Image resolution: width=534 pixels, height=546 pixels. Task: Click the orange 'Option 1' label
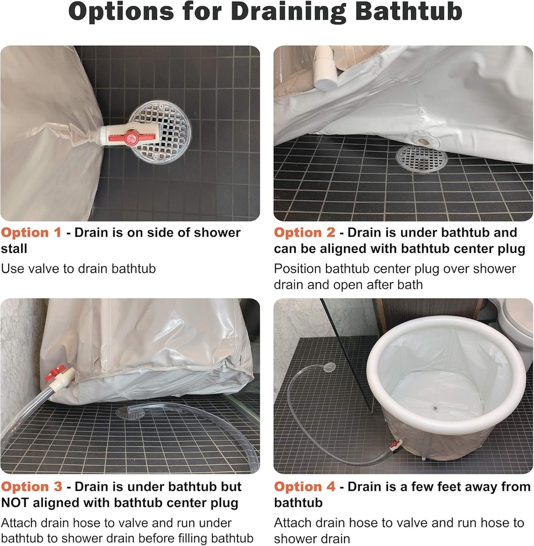[x=31, y=232]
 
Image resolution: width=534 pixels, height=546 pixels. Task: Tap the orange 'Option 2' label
[x=305, y=232]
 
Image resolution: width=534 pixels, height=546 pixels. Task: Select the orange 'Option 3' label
[x=31, y=487]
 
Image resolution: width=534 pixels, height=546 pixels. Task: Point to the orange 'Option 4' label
[x=305, y=487]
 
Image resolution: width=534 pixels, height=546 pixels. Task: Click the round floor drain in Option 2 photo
[x=421, y=158]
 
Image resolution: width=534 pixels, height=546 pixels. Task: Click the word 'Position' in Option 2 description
[x=298, y=268]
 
